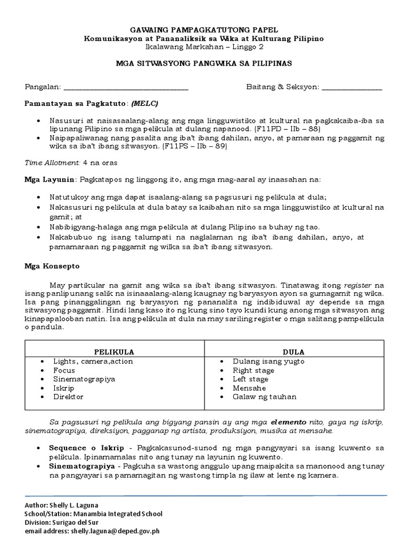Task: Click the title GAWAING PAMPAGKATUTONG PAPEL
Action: (204, 30)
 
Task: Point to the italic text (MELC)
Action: (145, 102)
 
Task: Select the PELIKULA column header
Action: (114, 352)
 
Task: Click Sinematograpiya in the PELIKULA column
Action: (84, 379)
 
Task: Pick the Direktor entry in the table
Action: (68, 397)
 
